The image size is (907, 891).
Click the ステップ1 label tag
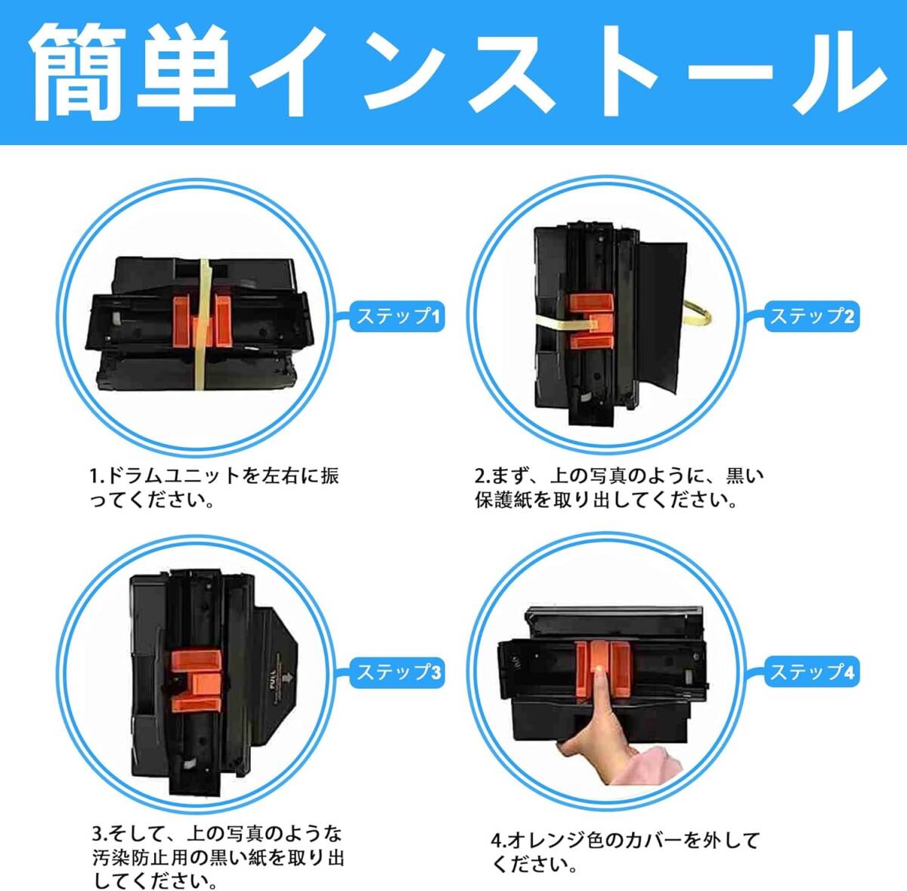coord(397,316)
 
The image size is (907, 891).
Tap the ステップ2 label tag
coord(810,316)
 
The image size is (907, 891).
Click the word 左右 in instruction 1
coord(280,476)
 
